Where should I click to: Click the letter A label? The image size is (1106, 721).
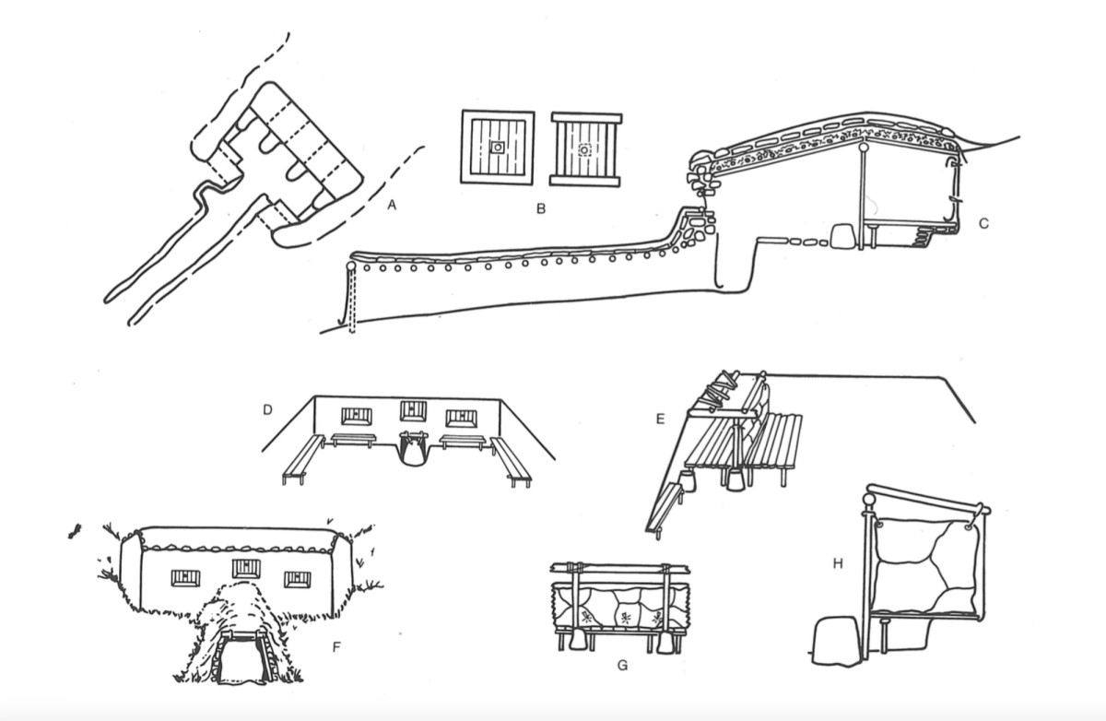point(392,205)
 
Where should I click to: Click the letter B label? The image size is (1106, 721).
point(541,209)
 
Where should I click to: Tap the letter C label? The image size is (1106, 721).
point(983,224)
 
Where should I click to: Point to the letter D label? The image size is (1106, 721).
point(267,410)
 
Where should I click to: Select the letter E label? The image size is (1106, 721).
point(660,420)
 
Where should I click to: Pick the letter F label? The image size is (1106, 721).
point(336,647)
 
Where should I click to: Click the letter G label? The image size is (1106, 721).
point(623,666)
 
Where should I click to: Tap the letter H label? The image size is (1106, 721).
point(838,563)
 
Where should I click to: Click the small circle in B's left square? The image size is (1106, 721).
point(498,148)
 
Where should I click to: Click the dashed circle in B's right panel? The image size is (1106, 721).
point(584,149)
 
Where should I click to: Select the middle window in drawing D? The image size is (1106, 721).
point(413,411)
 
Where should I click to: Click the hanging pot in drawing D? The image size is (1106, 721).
point(413,448)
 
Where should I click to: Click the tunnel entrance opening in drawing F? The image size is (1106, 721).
point(241,658)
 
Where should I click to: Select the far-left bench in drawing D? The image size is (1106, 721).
point(302,459)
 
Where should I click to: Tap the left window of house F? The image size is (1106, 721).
point(185,578)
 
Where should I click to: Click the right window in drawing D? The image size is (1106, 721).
point(462,419)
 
